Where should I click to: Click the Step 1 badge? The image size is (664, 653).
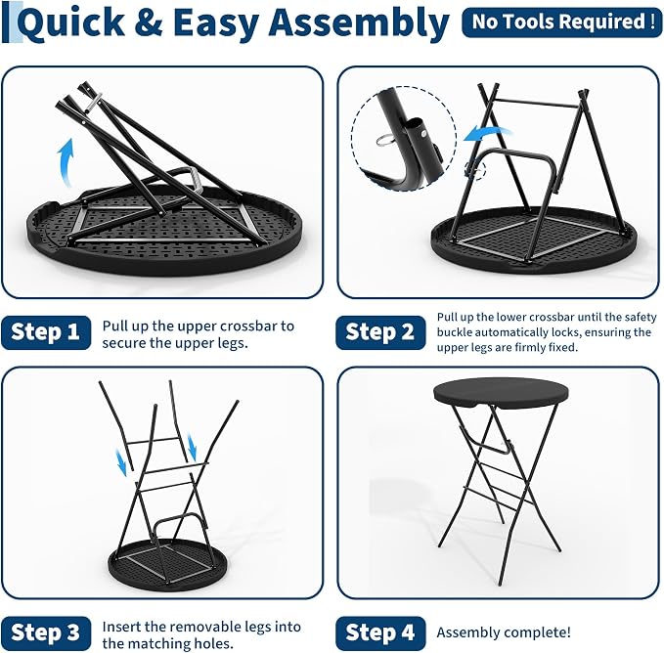point(46,332)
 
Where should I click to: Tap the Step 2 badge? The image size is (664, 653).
point(380,332)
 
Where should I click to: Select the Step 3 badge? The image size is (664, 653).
point(46,633)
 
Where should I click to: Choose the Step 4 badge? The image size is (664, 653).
point(380,633)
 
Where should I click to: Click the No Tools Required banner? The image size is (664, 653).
point(562,22)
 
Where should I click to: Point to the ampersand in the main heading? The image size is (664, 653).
point(149,22)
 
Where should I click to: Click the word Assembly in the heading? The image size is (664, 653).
point(359,23)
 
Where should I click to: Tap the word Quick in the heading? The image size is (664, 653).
point(72,24)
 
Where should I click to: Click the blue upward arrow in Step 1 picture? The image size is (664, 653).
point(66,162)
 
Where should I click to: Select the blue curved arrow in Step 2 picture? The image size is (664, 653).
point(487,133)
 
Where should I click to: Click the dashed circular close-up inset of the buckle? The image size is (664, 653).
point(404,139)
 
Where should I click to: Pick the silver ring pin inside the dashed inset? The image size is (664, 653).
point(385,139)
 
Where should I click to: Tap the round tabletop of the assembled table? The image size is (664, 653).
point(501,392)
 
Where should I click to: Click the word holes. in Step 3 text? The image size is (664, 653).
point(214,643)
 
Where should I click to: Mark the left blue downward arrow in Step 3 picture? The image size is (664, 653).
point(121,463)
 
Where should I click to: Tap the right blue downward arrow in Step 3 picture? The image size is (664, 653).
point(192,449)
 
